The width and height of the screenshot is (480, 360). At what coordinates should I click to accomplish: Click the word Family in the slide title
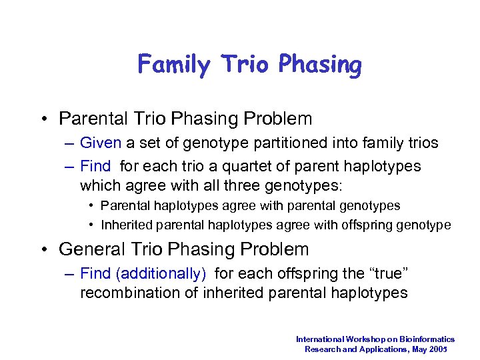[173, 65]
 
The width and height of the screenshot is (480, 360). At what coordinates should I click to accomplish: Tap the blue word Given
[100, 143]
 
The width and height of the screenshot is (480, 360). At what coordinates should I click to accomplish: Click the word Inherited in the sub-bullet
[125, 225]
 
